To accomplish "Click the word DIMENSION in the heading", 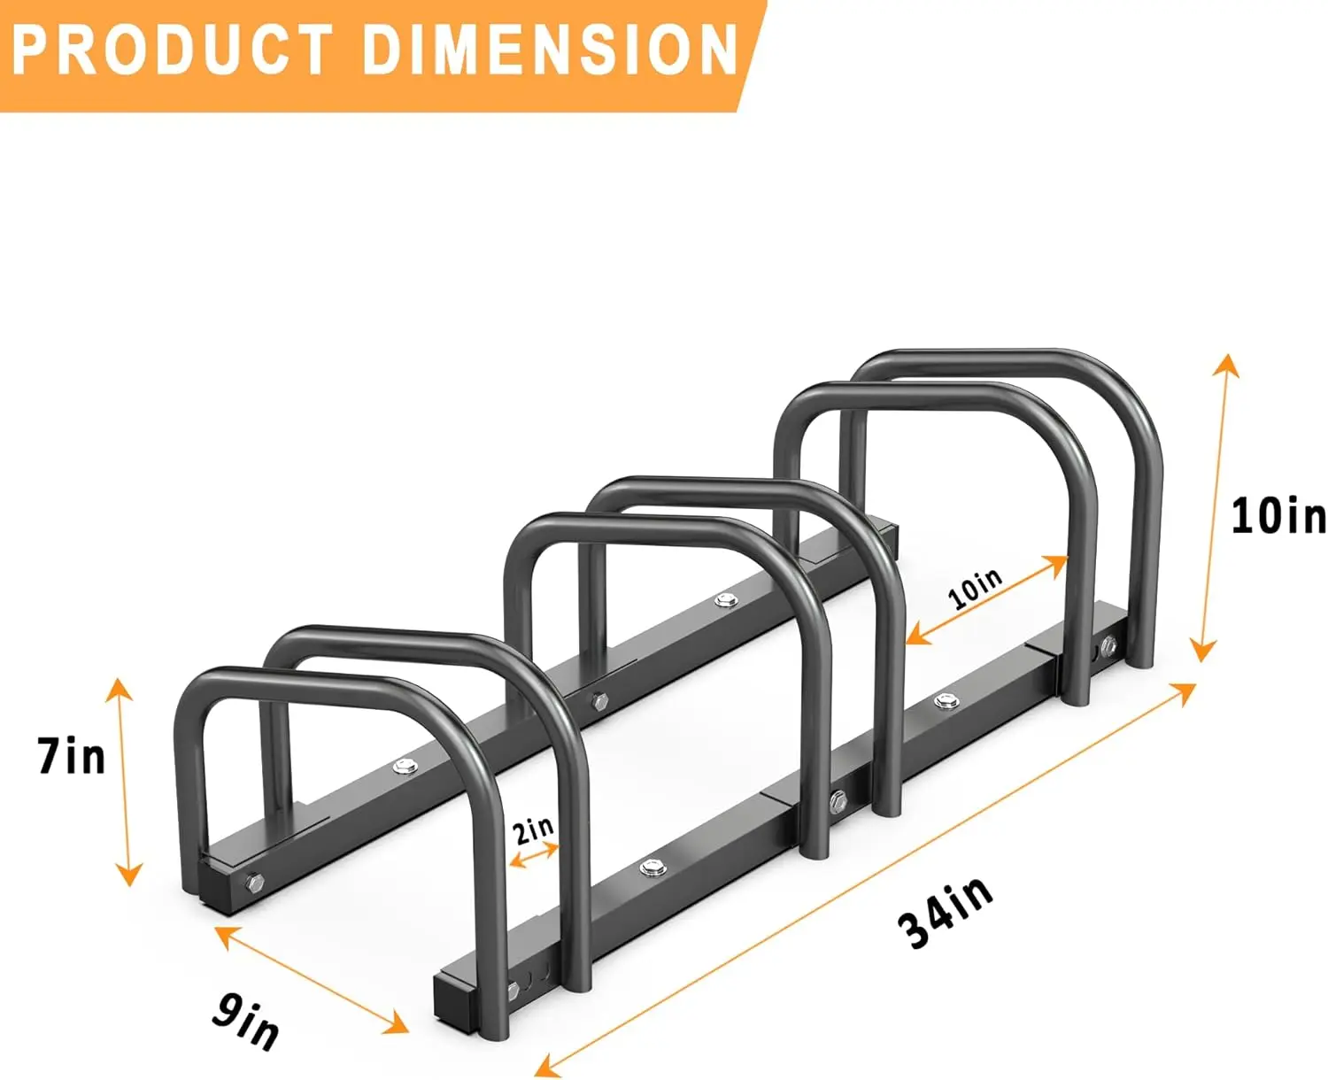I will coord(550,50).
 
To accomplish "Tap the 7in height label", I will coord(71,757).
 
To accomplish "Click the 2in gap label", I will coord(533,829).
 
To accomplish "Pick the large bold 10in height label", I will coord(1278,515).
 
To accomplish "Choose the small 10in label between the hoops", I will coord(976,589).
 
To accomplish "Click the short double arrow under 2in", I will coord(535,856).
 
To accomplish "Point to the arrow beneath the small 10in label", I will coord(987,600).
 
